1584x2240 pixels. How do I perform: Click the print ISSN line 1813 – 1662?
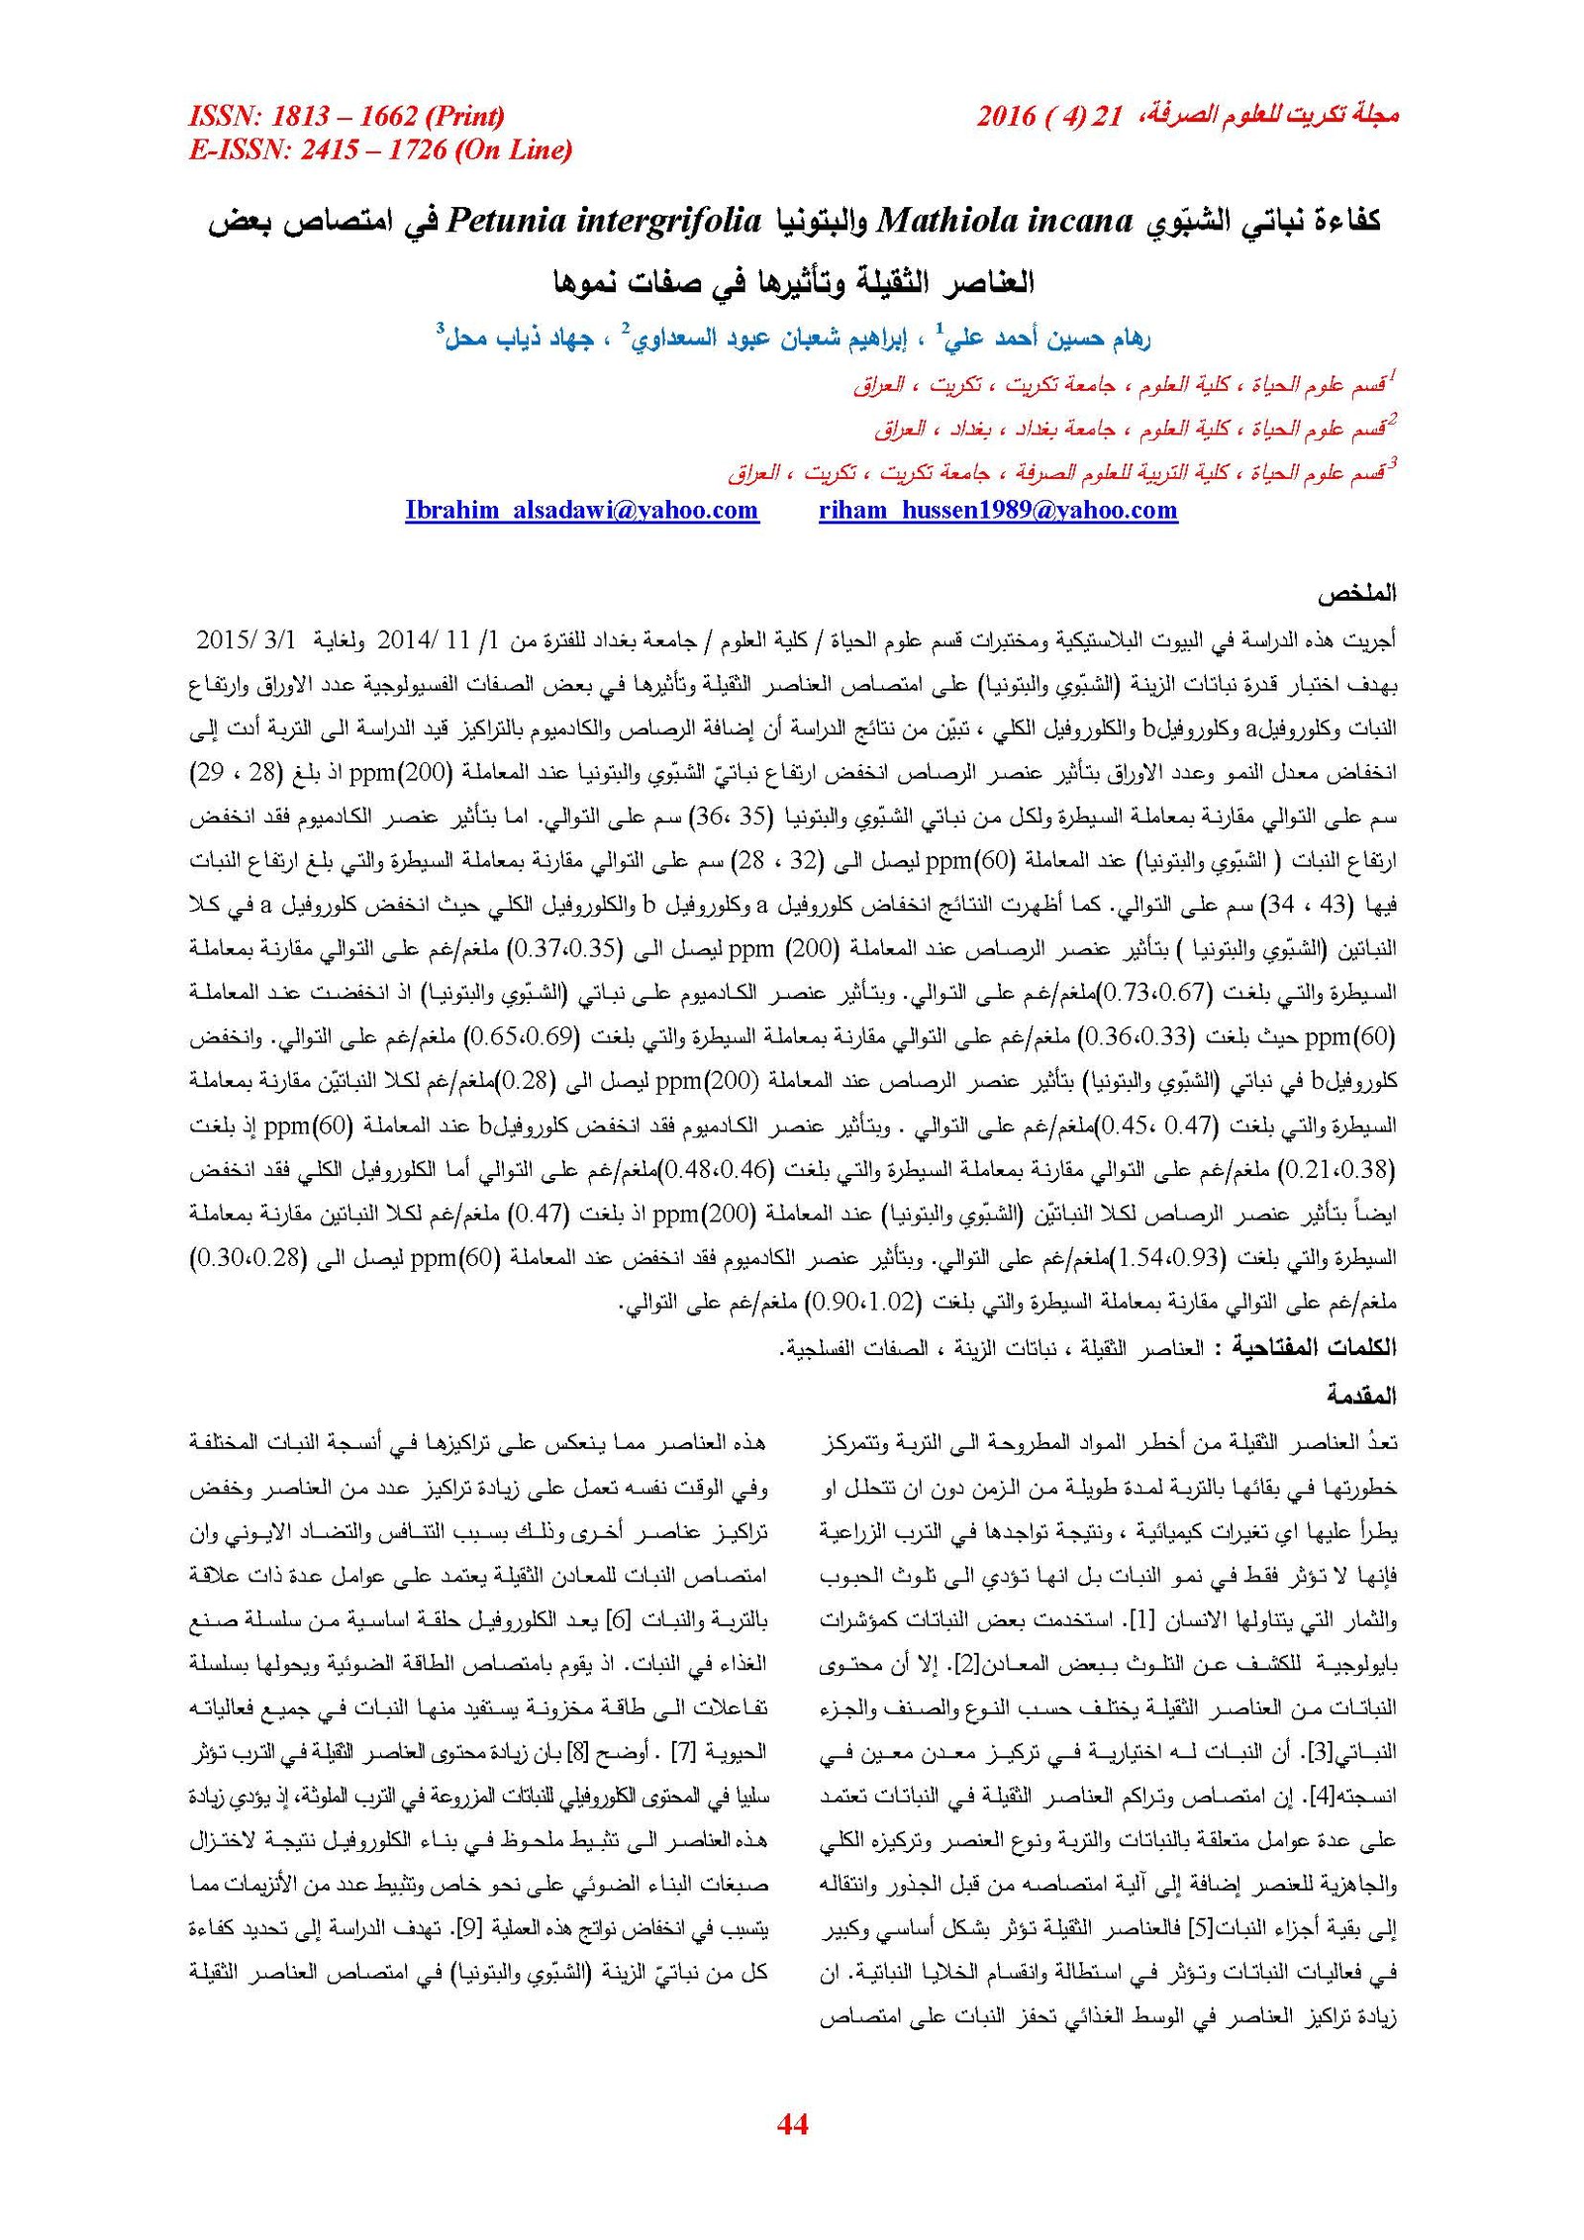pyautogui.click(x=346, y=117)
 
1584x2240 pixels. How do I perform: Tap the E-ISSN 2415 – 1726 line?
pyautogui.click(x=380, y=149)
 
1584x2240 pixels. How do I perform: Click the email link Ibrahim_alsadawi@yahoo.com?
pyautogui.click(x=581, y=510)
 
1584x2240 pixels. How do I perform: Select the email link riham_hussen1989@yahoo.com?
pyautogui.click(x=998, y=510)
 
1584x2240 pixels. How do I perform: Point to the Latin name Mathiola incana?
pyautogui.click(x=1005, y=220)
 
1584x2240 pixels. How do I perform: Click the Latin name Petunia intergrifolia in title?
pyautogui.click(x=604, y=220)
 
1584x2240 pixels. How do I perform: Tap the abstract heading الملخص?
pyautogui.click(x=1356, y=595)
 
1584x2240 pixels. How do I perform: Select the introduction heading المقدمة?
pyautogui.click(x=1361, y=1396)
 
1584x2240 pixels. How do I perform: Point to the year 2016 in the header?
pyautogui.click(x=1006, y=117)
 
